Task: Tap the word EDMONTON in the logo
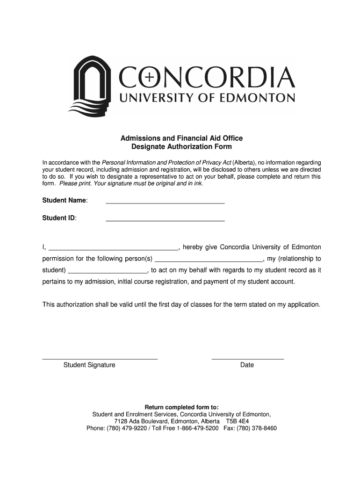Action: click(x=256, y=98)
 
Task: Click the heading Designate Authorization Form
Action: click(x=181, y=147)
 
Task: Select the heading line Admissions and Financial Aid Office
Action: click(x=181, y=138)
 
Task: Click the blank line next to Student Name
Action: click(x=165, y=203)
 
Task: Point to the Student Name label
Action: click(x=65, y=201)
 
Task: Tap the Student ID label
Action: click(x=60, y=218)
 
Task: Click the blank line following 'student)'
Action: click(x=108, y=272)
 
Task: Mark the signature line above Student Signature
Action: click(x=100, y=358)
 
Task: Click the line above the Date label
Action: click(x=247, y=358)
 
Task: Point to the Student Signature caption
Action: click(x=89, y=365)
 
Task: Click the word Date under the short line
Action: click(x=247, y=365)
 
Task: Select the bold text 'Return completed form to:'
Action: click(x=181, y=407)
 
